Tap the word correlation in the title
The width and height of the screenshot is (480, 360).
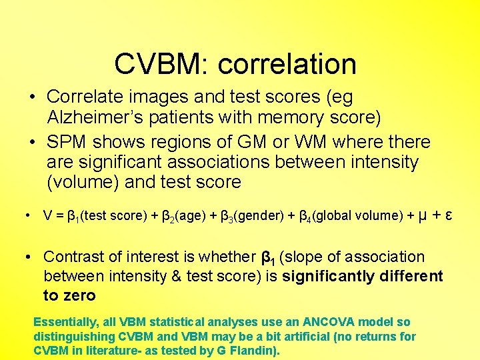click(x=287, y=64)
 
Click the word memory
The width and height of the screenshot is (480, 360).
click(x=291, y=118)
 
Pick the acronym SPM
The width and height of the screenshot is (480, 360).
click(x=67, y=142)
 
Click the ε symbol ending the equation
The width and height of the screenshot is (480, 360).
click(x=451, y=215)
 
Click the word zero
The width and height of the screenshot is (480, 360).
click(x=79, y=295)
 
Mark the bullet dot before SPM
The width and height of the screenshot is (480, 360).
click(x=32, y=143)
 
